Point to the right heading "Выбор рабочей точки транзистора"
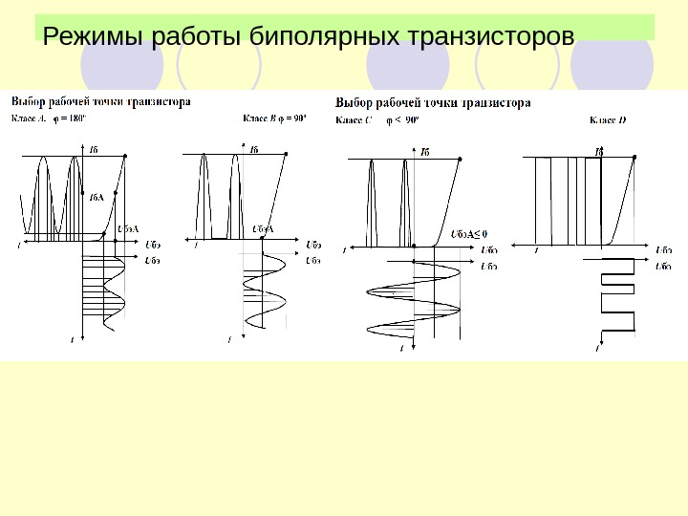[434, 102]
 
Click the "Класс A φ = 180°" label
[48, 119]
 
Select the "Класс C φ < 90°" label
[376, 121]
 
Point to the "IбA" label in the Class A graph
[96, 199]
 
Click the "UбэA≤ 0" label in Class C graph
[467, 232]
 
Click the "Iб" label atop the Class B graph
[253, 149]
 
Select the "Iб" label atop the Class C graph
[425, 151]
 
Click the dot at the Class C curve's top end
[461, 160]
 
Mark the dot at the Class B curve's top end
[290, 153]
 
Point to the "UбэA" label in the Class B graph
[263, 229]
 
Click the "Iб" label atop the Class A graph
[93, 149]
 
